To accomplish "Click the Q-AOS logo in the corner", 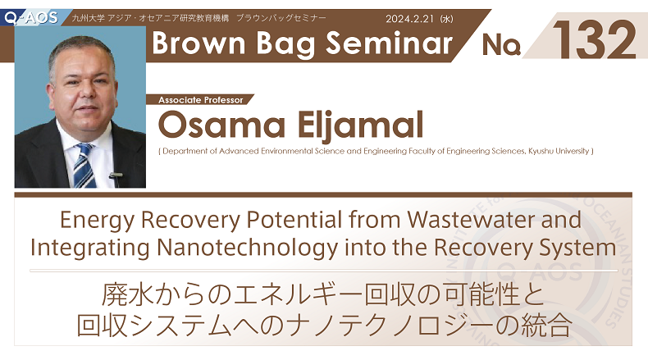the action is point(31,17).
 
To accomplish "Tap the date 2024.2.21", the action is point(409,19).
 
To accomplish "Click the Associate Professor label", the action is point(201,100).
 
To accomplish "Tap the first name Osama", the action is point(221,125).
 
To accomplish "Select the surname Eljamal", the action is point(360,125).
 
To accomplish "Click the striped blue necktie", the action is point(84,166).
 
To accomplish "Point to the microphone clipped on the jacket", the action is point(116,178).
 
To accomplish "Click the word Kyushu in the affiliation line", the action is point(541,151).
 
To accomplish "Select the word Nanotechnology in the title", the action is point(248,248).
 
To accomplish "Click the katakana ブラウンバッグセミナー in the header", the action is point(281,18).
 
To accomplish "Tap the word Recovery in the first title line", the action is point(190,220).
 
